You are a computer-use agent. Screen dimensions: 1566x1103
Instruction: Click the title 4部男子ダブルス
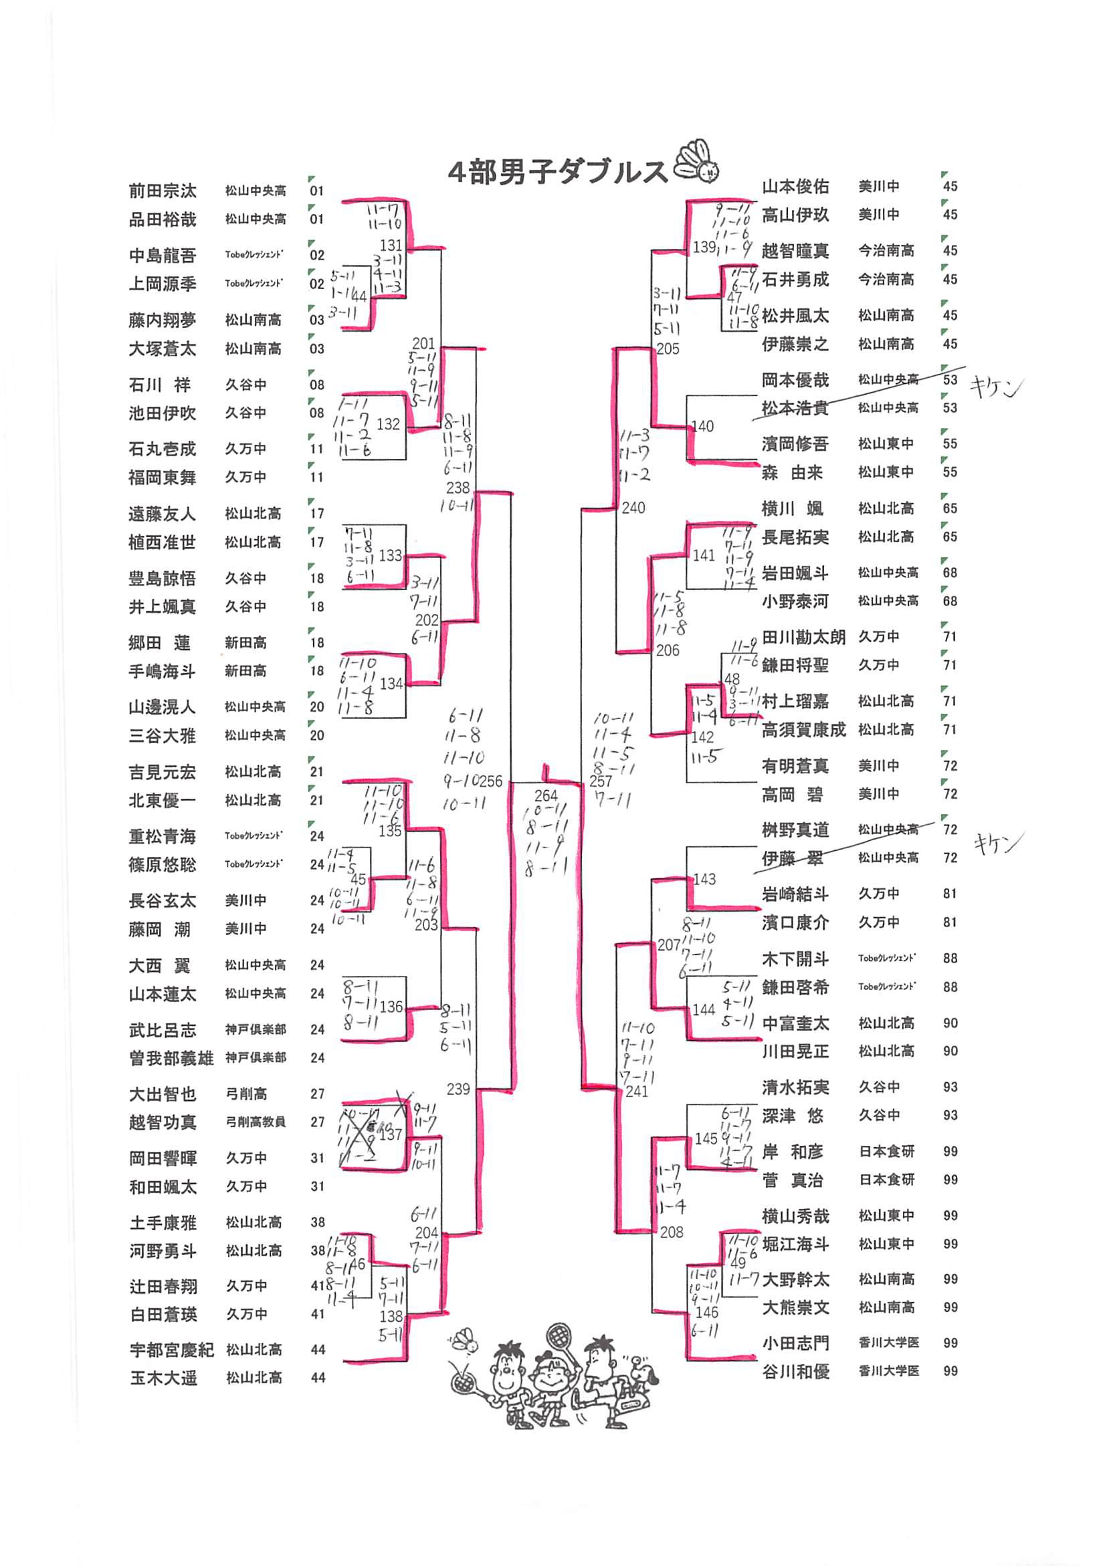(557, 172)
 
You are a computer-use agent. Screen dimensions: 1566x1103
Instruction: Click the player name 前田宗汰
(163, 190)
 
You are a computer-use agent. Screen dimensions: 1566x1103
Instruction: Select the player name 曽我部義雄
(171, 1058)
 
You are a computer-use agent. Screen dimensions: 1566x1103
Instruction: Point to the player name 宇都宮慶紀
(172, 1350)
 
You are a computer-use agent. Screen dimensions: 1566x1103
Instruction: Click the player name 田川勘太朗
(803, 637)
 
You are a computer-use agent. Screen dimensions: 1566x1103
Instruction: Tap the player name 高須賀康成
(803, 730)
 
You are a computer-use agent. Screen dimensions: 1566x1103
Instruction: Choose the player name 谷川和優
(795, 1371)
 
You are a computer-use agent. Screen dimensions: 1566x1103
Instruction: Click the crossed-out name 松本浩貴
(795, 408)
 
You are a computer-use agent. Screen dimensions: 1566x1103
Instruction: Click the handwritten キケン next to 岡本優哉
(997, 388)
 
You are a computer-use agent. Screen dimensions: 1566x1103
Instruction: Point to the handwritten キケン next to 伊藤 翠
(997, 845)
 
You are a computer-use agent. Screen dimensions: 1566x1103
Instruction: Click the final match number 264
(546, 795)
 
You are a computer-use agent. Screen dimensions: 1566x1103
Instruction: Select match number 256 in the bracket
(490, 781)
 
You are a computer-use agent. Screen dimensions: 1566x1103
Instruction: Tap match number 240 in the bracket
(633, 508)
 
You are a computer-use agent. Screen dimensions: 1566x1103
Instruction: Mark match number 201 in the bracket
(423, 343)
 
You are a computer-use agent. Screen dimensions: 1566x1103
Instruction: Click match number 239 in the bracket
(458, 1089)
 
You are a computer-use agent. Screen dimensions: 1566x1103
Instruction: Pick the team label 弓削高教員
(255, 1122)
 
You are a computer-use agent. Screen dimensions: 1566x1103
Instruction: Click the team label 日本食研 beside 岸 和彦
(886, 1151)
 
